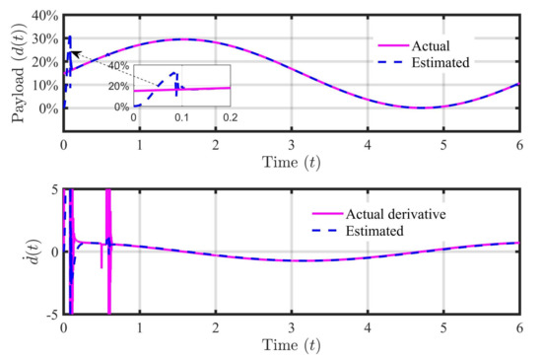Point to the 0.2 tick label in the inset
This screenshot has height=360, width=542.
(x=230, y=116)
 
